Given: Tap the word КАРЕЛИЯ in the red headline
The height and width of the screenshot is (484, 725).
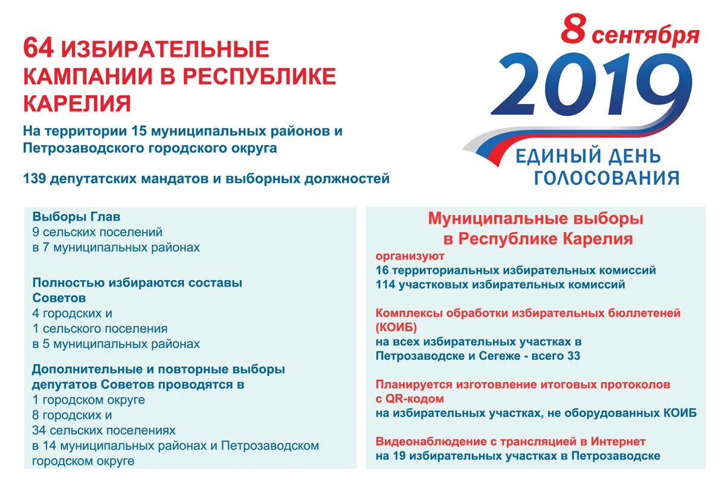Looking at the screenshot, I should click(x=77, y=103).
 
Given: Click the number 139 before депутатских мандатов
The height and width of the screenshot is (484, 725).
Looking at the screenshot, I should click(x=36, y=179).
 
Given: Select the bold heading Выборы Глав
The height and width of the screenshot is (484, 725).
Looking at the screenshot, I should click(x=77, y=216).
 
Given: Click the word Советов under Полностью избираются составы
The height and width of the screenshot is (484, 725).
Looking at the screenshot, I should click(x=59, y=298).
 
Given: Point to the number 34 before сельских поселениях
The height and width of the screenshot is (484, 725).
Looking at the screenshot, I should click(x=40, y=430).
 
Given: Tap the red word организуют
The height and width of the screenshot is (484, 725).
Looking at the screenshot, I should click(x=410, y=256).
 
